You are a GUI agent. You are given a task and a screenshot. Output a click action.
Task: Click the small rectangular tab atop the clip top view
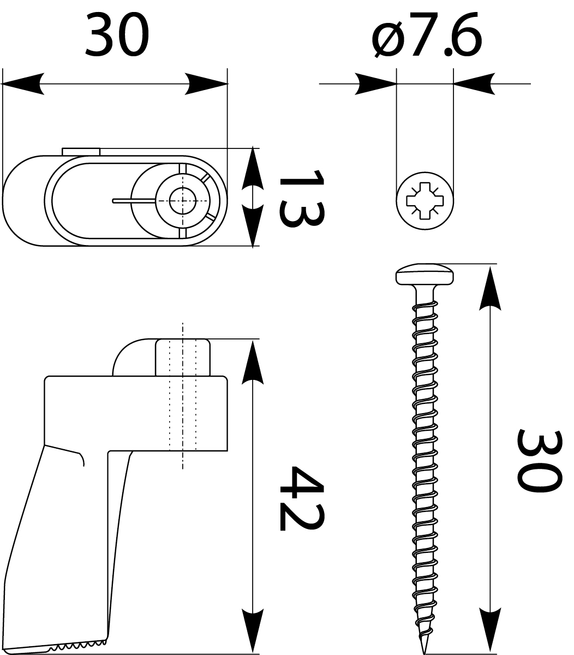tap(80, 151)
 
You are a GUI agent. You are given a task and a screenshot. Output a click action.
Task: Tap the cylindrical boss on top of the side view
tap(183, 358)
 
